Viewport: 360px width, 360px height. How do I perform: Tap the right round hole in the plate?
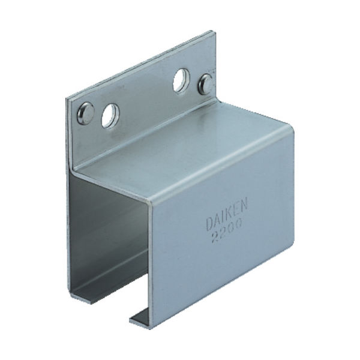point(181,80)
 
